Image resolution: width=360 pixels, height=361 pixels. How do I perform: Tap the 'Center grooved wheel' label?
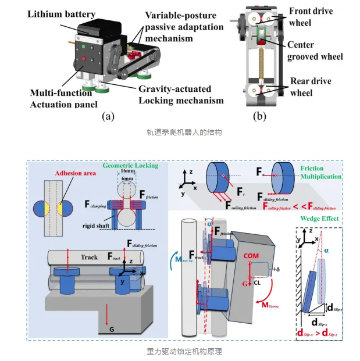click(313, 50)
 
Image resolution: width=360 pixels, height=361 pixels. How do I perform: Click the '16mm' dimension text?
click(130, 173)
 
